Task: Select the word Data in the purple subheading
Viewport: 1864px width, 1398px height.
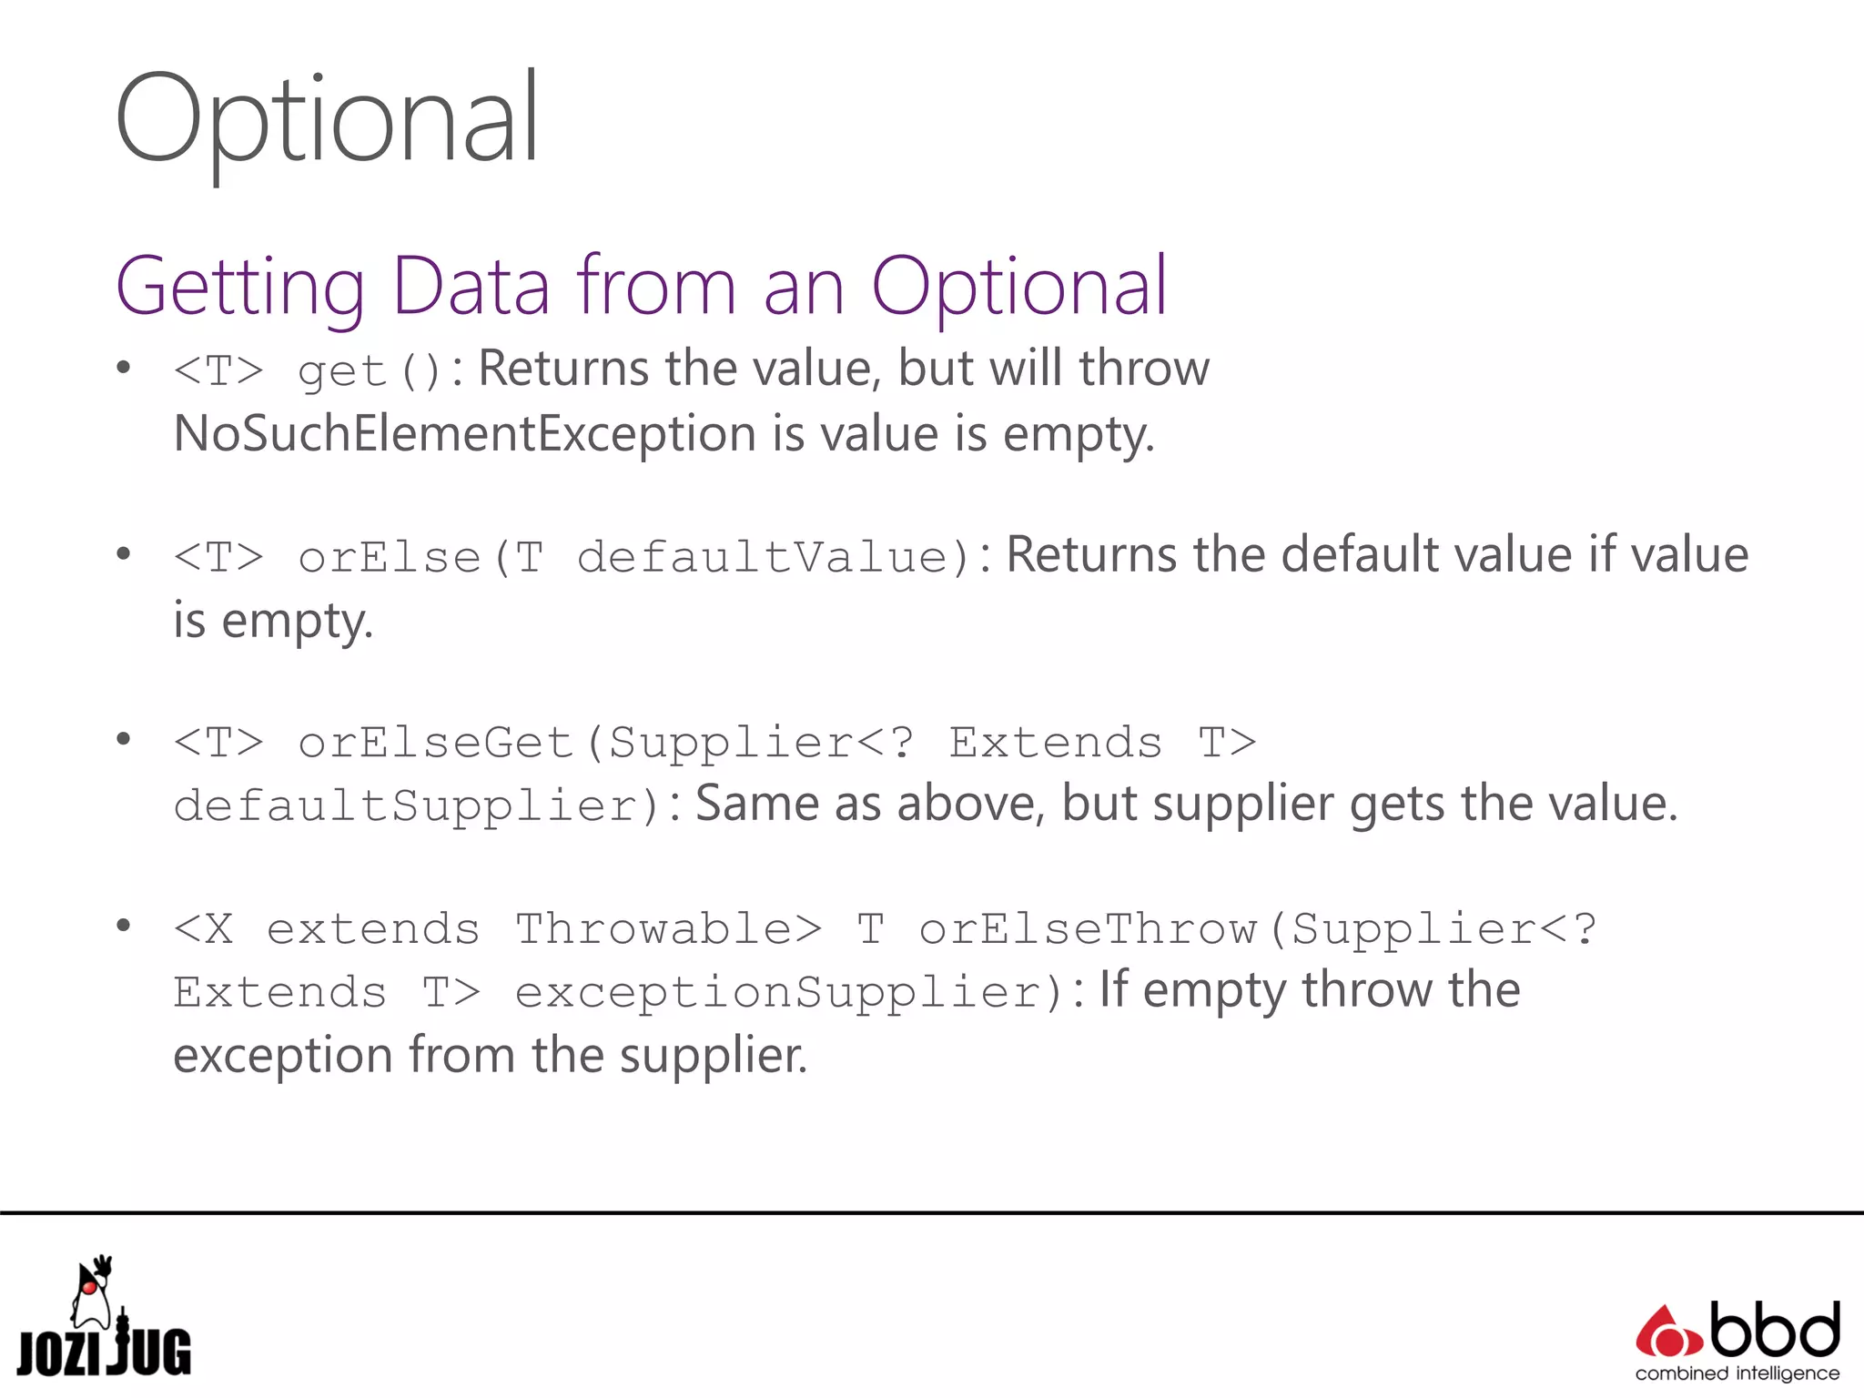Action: tap(471, 287)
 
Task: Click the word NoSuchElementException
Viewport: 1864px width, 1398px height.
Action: tap(464, 434)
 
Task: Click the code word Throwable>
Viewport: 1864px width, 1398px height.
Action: tap(669, 929)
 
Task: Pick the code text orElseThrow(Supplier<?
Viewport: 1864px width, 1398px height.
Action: tap(1257, 929)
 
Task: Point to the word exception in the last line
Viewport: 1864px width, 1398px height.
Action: tap(282, 1056)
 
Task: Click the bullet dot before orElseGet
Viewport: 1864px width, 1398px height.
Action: tap(124, 739)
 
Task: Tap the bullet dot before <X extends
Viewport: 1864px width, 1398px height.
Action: tap(124, 926)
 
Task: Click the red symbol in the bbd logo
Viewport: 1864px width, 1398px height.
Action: tap(1667, 1334)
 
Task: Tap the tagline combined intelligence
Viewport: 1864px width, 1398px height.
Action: tap(1737, 1373)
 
